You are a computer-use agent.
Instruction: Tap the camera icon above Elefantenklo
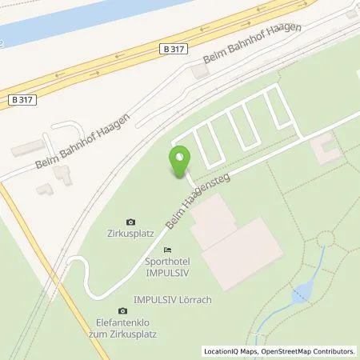(x=122, y=310)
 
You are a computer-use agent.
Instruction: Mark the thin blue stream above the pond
(x=318, y=264)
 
